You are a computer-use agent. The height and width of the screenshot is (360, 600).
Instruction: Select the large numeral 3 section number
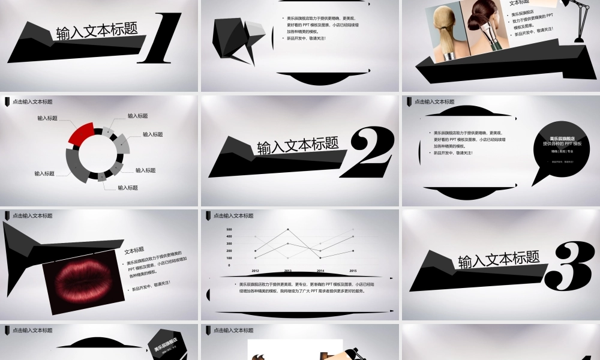[x=572, y=264]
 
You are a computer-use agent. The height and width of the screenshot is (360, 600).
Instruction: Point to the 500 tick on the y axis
[x=229, y=230]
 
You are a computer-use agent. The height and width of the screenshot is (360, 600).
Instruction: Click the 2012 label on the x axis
[x=255, y=271]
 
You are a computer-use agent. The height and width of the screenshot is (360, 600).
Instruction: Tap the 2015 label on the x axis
[x=353, y=271]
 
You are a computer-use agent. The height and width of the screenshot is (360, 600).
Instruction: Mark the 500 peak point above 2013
[x=287, y=230]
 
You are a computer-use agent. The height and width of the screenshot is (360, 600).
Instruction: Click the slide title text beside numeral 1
[x=97, y=32]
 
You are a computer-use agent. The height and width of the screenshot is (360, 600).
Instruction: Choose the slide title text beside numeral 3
[x=499, y=259]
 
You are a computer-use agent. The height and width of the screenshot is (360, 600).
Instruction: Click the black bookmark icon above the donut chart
[x=7, y=102]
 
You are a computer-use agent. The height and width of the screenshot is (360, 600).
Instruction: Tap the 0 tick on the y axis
[x=229, y=265]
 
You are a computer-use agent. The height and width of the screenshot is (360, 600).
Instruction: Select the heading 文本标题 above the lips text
[x=134, y=250]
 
